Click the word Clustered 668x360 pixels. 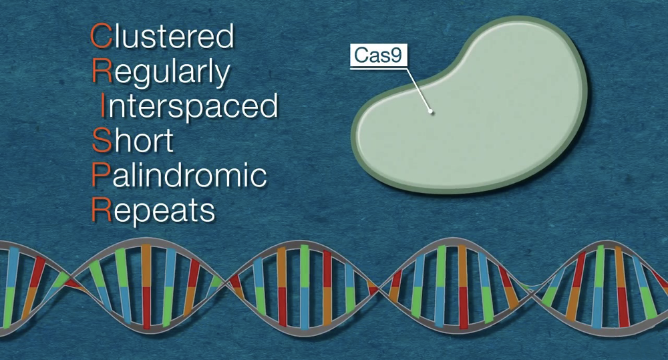tap(162, 36)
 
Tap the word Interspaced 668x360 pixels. tap(189, 107)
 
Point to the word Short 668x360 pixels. tap(133, 140)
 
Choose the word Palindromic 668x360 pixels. tap(179, 175)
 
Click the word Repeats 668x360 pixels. tap(154, 210)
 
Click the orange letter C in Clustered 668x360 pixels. tap(101, 36)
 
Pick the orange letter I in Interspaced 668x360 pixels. tap(102, 106)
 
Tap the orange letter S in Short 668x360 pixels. tap(102, 140)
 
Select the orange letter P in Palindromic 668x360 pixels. tap(101, 175)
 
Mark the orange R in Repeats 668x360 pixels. tap(102, 209)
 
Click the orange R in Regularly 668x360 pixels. tap(102, 71)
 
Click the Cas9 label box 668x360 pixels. tap(379, 55)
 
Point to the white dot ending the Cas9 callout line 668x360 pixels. tap(431, 112)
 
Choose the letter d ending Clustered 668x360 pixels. tap(226, 36)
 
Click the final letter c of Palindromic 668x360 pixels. tap(259, 178)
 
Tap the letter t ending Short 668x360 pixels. tap(169, 142)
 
